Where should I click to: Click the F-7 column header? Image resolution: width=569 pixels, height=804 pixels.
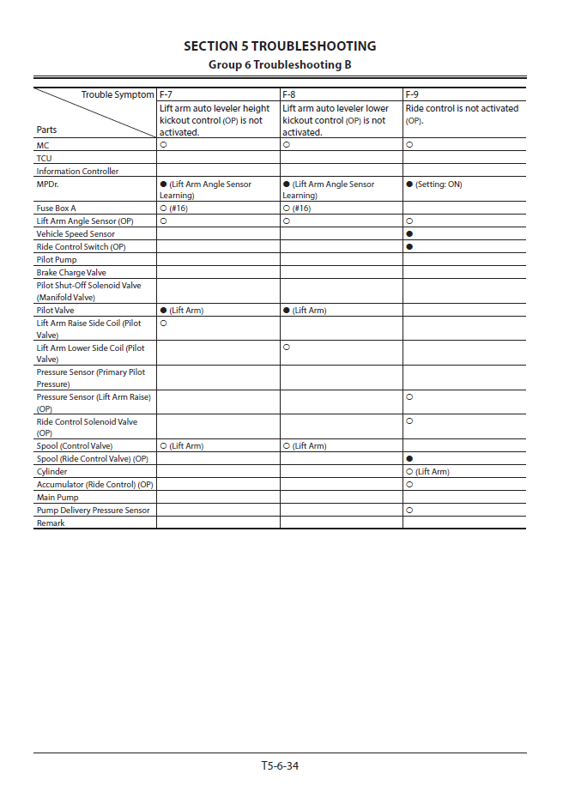click(x=166, y=94)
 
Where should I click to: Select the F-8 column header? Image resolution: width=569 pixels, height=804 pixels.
click(x=290, y=94)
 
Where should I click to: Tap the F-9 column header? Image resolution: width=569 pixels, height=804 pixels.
click(x=413, y=94)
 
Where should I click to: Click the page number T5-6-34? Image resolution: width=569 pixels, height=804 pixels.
click(x=280, y=765)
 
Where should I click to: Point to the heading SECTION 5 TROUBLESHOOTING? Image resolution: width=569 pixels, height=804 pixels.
click(x=280, y=46)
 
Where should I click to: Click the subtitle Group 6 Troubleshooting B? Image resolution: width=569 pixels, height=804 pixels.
click(x=280, y=64)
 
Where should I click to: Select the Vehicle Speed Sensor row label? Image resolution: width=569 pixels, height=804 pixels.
click(x=76, y=233)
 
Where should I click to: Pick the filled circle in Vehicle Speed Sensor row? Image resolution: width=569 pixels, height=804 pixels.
click(x=409, y=233)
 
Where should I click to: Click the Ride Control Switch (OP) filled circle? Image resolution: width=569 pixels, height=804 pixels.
click(x=409, y=246)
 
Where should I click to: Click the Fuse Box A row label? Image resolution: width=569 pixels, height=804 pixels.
click(x=57, y=209)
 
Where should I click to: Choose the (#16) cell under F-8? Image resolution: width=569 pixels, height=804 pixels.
click(x=296, y=209)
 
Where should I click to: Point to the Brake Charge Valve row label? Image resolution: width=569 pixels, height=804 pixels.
click(x=71, y=272)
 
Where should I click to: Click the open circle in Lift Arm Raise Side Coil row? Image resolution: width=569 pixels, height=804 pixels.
click(x=163, y=323)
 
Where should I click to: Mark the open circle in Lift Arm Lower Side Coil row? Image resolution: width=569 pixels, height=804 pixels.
click(x=286, y=348)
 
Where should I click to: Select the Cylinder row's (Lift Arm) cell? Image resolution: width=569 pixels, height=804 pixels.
click(x=427, y=472)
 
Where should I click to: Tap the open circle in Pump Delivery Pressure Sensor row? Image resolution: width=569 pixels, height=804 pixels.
click(x=409, y=510)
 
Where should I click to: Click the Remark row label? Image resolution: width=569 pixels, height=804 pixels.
click(x=51, y=523)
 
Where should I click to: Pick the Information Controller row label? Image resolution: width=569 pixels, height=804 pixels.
click(x=77, y=171)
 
